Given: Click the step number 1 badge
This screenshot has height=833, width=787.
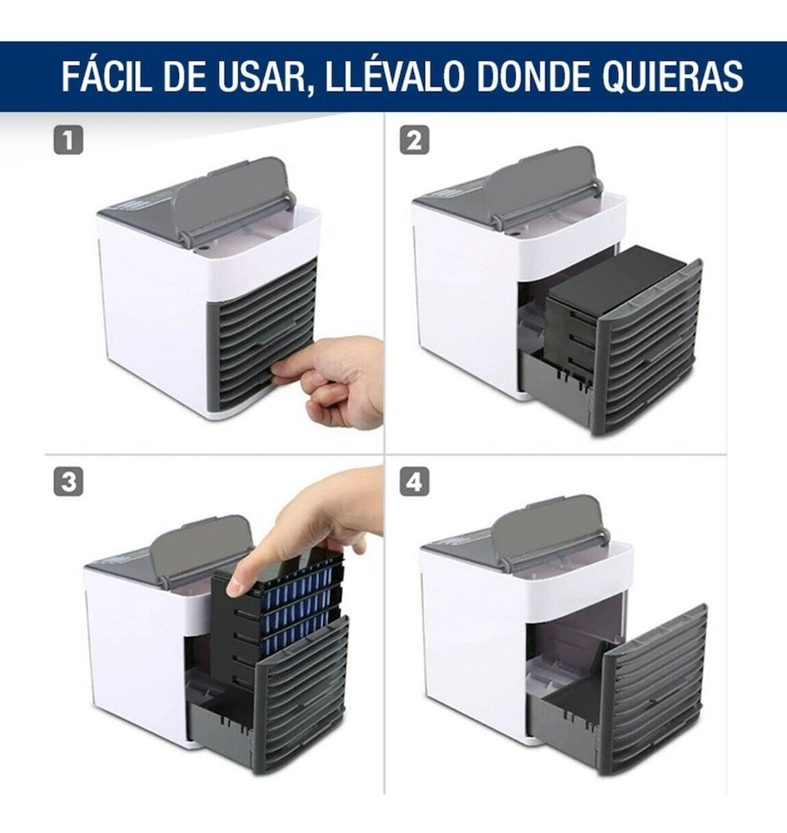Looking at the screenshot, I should (x=68, y=141).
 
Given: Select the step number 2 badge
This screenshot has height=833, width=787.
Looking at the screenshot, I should (x=414, y=141).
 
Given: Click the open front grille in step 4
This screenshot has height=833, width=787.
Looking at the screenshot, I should (x=654, y=687).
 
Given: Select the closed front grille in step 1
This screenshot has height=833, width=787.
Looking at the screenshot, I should (x=262, y=333).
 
